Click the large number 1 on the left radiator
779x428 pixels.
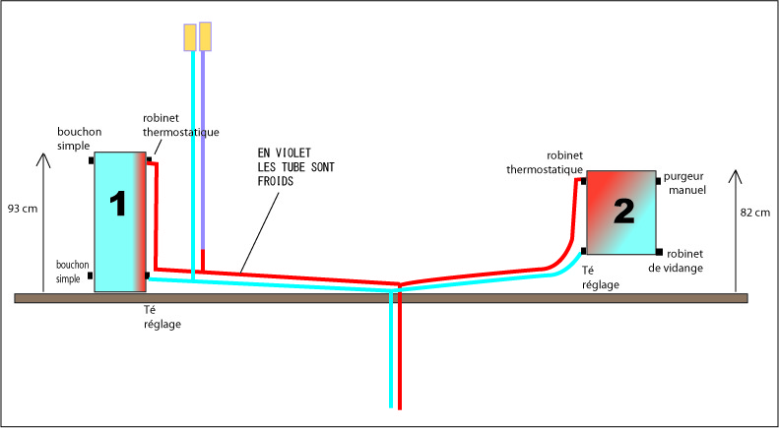[x=118, y=205]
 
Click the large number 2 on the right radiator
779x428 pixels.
[x=623, y=210]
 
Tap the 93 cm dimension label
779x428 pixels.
[x=22, y=209]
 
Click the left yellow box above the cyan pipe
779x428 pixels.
[x=189, y=36]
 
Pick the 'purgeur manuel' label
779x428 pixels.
[x=689, y=182]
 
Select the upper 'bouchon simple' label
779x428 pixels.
[x=74, y=139]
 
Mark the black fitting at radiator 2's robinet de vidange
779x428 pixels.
[x=658, y=251]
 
